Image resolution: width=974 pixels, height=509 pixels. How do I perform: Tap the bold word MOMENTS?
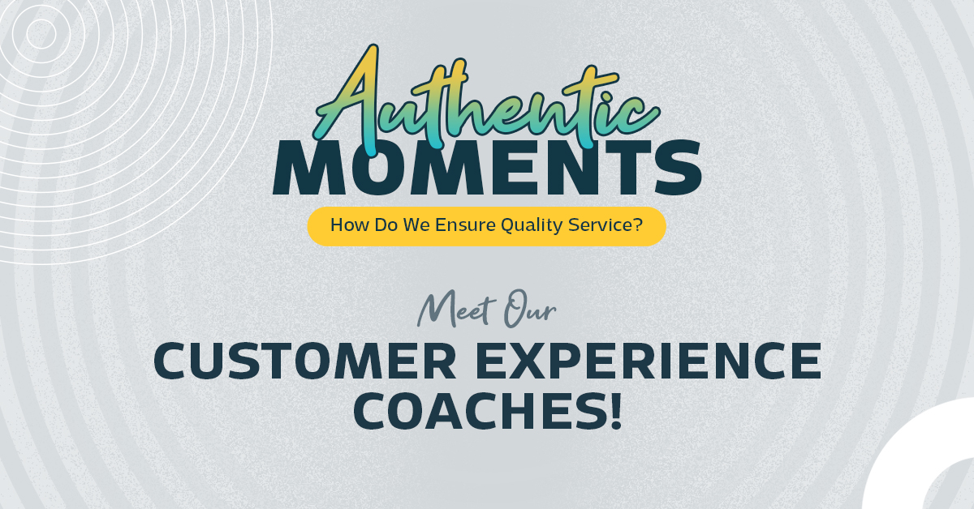[x=488, y=167]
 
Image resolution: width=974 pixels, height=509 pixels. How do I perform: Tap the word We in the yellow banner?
[x=417, y=225]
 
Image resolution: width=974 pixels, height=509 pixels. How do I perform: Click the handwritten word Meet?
[x=456, y=310]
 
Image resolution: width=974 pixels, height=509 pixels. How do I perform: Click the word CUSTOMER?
[x=305, y=361]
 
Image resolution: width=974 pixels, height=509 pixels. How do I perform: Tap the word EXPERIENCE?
[x=649, y=361]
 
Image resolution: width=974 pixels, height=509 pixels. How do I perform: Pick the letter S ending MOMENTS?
[x=679, y=167]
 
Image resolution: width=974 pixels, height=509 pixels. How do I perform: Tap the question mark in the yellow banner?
[x=638, y=225]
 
